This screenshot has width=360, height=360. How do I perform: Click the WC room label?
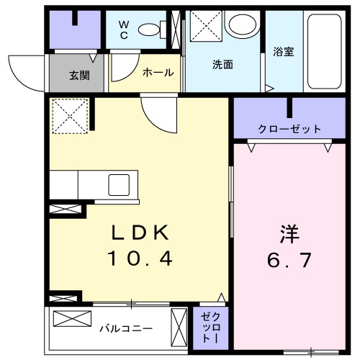[x=123, y=30]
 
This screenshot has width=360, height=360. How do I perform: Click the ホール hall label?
[x=157, y=73]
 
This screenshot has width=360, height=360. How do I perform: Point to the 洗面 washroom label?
[x=222, y=64]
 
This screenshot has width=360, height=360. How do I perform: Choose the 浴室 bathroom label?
[x=283, y=52]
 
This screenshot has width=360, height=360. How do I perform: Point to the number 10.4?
[x=140, y=258]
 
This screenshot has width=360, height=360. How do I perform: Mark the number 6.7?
[x=289, y=259]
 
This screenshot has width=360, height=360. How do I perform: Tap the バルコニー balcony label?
[x=126, y=328]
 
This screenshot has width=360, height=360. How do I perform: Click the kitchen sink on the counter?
[x=119, y=184]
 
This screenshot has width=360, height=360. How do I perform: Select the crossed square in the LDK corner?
[x=69, y=116]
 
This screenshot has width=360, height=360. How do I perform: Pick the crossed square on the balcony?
[x=72, y=319]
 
